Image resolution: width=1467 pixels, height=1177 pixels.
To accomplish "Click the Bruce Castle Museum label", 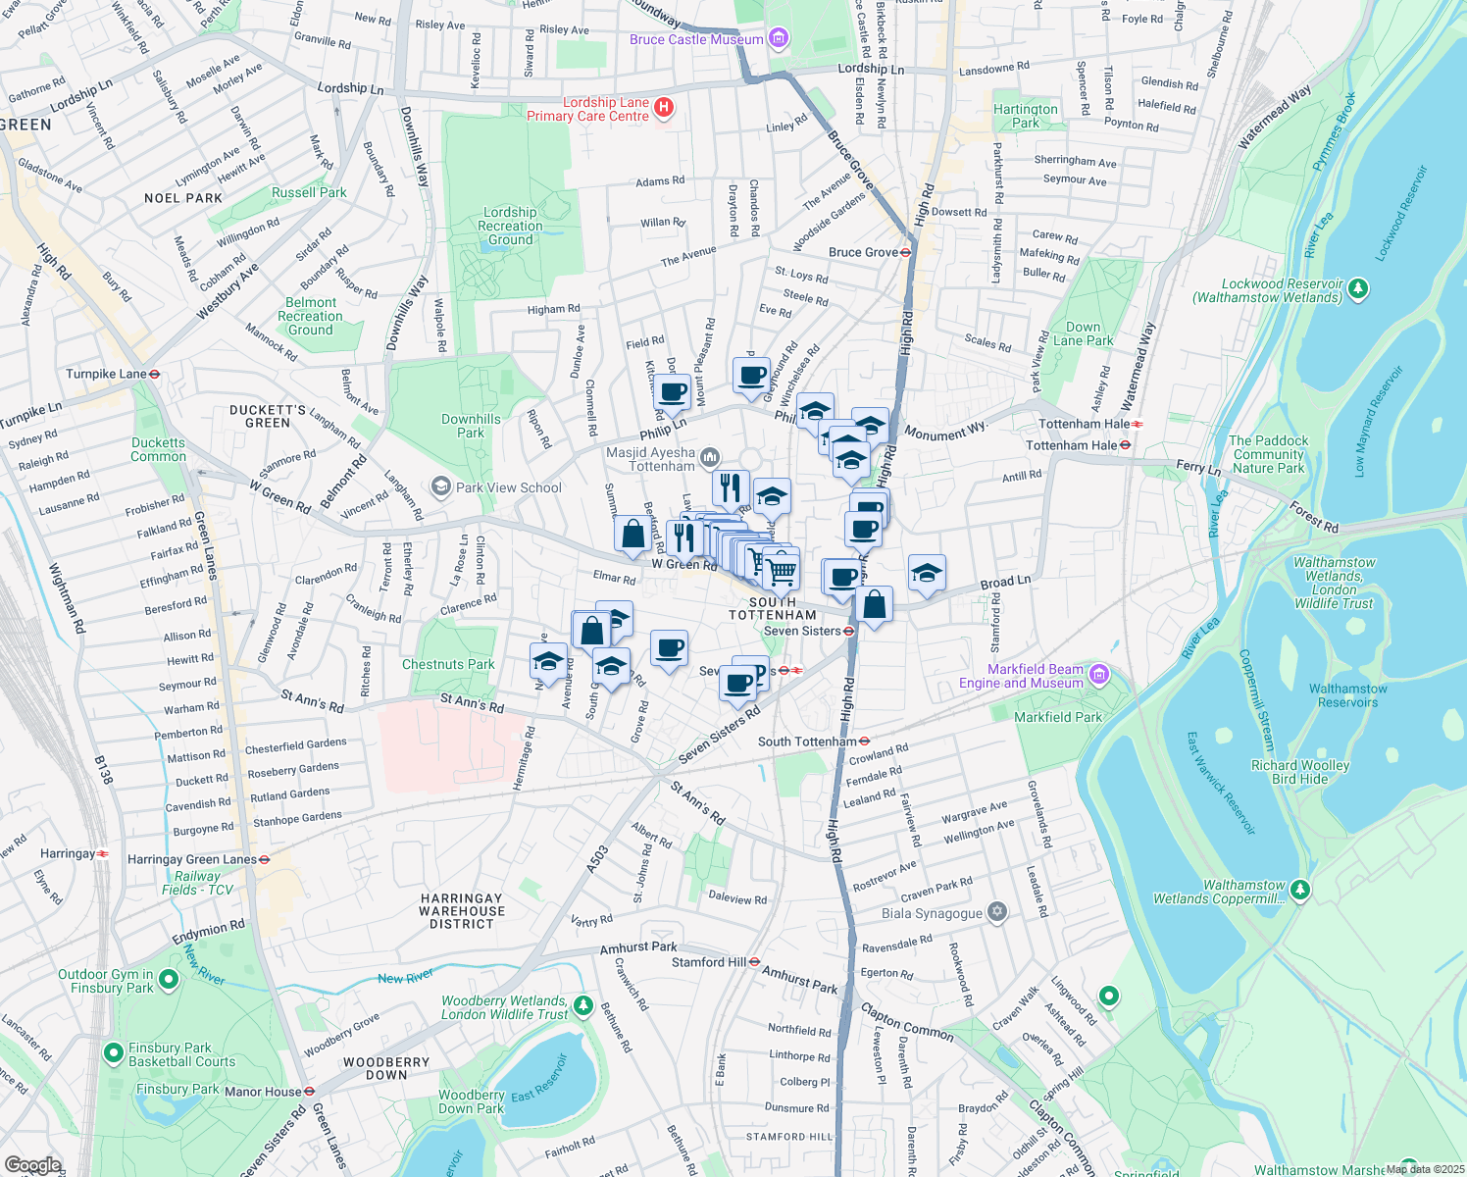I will click(x=696, y=40).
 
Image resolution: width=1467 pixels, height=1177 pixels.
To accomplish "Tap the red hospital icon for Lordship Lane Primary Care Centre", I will click(x=664, y=108).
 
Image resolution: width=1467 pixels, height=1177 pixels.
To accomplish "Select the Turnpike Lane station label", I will click(x=106, y=374).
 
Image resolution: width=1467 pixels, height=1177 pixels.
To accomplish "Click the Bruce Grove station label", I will click(x=863, y=252).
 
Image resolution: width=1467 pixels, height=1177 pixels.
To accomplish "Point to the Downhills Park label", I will click(x=471, y=426).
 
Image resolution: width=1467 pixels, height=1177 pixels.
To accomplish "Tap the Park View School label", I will click(x=508, y=487).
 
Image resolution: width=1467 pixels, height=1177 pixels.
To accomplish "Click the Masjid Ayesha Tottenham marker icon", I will click(x=710, y=457).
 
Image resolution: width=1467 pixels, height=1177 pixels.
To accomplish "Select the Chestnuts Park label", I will click(x=448, y=664).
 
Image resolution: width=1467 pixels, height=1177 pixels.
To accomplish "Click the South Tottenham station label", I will click(x=807, y=742).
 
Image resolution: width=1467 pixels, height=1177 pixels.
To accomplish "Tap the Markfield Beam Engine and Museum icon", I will click(x=1098, y=674).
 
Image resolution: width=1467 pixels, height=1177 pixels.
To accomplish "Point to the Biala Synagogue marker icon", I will click(x=997, y=911).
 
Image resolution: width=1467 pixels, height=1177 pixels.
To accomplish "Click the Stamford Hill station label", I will click(x=709, y=962).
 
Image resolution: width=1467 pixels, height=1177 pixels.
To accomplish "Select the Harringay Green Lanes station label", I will click(x=192, y=859).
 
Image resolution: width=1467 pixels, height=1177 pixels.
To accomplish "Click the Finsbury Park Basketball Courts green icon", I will click(x=113, y=1053).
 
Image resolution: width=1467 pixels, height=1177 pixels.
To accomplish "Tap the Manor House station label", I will click(x=263, y=1092).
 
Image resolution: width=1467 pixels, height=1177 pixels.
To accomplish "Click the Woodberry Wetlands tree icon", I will click(x=583, y=1005).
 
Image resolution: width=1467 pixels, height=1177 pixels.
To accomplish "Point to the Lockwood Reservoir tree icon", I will click(x=1358, y=288).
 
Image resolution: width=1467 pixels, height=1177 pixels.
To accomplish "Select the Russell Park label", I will click(x=309, y=192).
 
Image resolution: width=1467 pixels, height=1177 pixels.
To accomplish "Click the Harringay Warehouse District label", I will click(x=461, y=911).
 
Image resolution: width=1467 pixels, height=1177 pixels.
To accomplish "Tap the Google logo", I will click(x=32, y=1165).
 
